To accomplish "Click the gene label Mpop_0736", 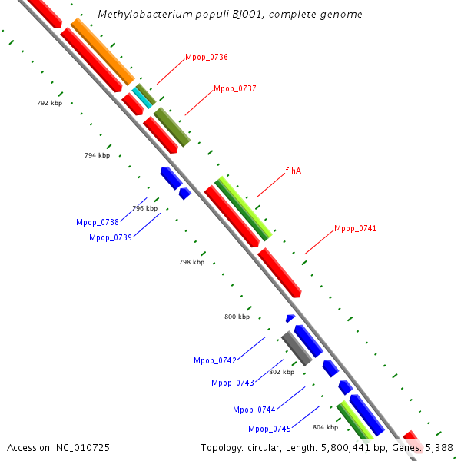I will tap(206, 58).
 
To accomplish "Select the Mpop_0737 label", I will tap(234, 89).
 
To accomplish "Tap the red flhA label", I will tap(293, 171).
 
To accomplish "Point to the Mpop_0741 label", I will tap(355, 229).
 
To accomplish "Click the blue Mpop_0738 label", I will tap(98, 222).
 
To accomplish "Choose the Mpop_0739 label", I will tap(111, 237).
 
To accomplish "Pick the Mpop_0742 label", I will tap(215, 360).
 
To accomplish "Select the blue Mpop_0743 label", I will tap(233, 383).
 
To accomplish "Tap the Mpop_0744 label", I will tap(254, 410).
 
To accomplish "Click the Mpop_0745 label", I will tap(270, 429).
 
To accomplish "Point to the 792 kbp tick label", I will tap(50, 103).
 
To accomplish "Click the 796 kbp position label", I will tap(144, 208).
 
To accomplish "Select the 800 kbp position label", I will tap(237, 317).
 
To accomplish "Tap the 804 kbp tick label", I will tap(325, 427).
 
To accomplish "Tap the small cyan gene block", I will tap(141, 96).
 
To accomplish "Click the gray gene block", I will tap(296, 348).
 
